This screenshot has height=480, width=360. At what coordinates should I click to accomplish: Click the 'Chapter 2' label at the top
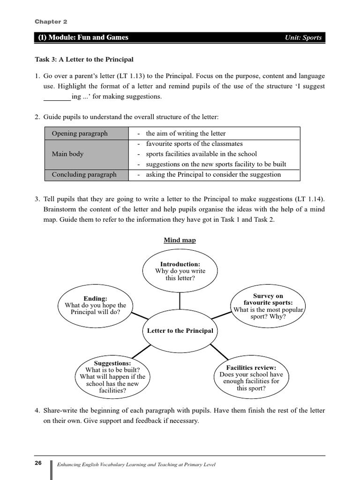point(47,22)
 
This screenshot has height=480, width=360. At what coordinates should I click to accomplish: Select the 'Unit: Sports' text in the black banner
point(303,37)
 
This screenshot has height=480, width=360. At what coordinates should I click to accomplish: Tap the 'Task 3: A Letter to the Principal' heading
point(84,60)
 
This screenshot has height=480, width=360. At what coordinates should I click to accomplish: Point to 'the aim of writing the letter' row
point(186,134)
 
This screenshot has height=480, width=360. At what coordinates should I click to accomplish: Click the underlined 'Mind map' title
point(180,240)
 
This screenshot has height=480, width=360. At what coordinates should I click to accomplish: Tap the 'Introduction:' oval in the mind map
point(180,271)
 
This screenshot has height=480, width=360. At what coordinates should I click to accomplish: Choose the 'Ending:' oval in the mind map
point(95,305)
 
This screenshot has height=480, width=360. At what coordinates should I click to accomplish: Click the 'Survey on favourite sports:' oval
point(268,306)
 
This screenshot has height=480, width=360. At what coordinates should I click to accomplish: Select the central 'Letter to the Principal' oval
point(180,331)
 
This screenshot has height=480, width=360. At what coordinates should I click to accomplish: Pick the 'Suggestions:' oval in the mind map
point(112,377)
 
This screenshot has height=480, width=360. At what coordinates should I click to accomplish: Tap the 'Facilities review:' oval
point(251,377)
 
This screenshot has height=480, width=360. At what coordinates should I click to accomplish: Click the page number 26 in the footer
point(38,463)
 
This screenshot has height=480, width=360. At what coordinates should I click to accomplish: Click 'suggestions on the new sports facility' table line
point(216,165)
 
